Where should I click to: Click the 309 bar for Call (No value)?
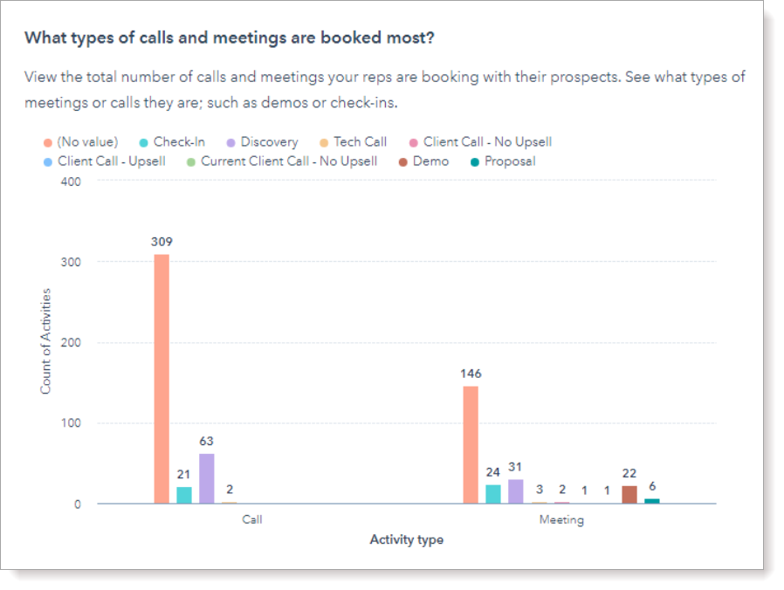click(162, 379)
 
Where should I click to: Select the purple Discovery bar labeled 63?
click(206, 478)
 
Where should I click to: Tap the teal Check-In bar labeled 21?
click(184, 495)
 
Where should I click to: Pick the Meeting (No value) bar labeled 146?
click(471, 444)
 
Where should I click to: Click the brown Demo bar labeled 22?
click(629, 495)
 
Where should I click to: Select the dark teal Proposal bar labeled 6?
click(652, 501)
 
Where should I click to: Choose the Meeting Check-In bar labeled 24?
click(493, 494)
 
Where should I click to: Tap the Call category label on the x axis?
click(251, 519)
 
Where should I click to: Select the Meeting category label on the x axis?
click(560, 519)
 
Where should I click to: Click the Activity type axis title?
click(406, 540)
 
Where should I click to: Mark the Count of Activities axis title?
click(45, 341)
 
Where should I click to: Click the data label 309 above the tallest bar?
click(162, 242)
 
